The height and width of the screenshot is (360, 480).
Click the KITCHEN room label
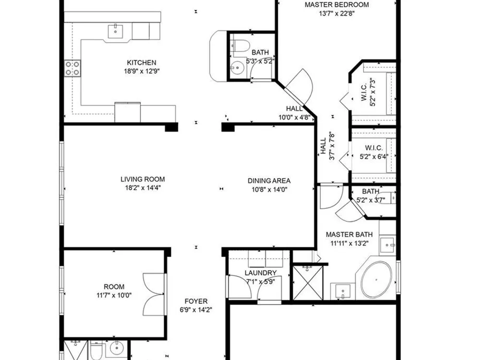coord(142,63)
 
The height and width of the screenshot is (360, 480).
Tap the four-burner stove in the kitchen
coord(72,68)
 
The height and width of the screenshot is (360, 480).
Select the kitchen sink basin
coord(115,32)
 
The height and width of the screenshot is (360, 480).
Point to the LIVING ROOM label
coord(143,180)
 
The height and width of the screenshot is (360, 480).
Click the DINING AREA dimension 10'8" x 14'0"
coord(269,190)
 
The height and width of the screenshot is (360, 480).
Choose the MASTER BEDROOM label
coord(337,5)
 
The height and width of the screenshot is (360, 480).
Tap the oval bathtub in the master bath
coord(376,280)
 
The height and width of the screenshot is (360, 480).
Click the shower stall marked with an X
coord(308,283)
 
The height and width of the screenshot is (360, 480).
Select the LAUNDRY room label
coord(261,273)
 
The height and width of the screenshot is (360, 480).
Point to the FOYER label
coord(196,301)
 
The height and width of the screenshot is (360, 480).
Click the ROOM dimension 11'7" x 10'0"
coord(114,296)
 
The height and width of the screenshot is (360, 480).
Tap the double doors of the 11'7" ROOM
coord(154,294)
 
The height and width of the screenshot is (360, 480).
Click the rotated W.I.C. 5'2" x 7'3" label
coord(368,92)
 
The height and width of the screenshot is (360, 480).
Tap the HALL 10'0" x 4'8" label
coord(295,113)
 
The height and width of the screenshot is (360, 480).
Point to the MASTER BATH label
coord(349,235)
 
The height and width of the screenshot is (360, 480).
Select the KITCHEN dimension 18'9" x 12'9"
coord(142,72)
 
